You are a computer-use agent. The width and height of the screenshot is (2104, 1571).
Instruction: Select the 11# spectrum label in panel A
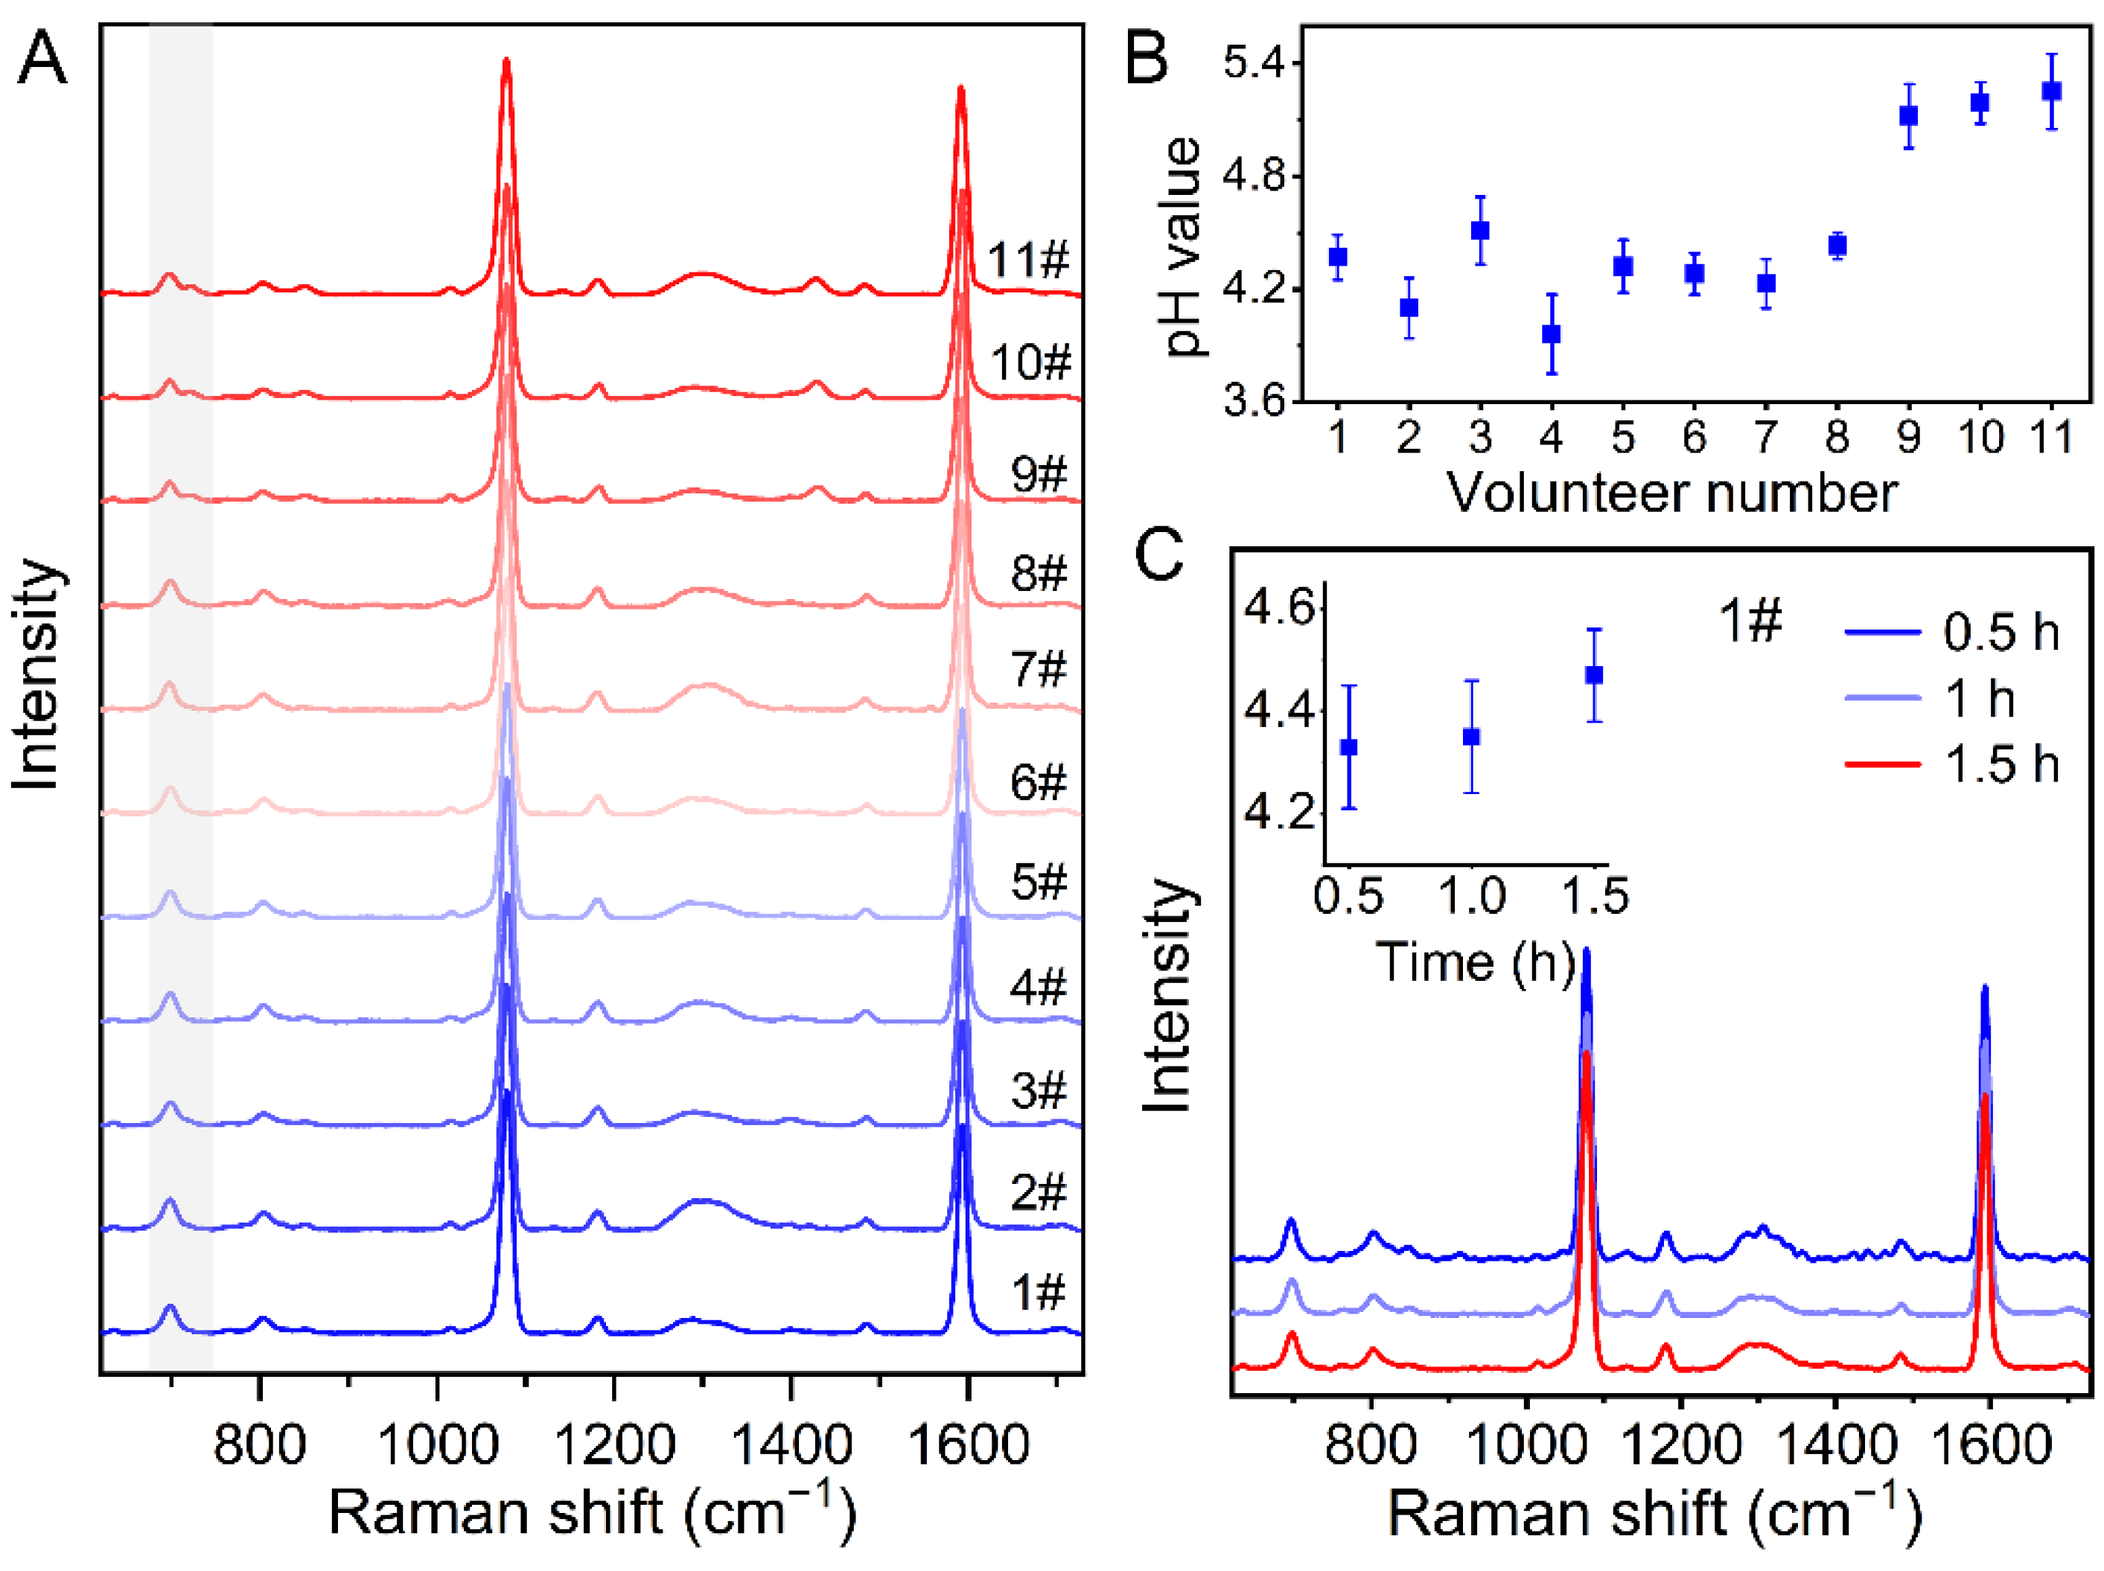(1028, 260)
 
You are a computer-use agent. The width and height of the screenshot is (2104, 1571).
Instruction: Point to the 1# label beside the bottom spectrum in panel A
(1038, 1293)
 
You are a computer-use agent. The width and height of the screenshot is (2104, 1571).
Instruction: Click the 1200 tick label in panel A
(613, 1444)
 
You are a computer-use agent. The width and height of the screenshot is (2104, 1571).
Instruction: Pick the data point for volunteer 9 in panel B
(1908, 116)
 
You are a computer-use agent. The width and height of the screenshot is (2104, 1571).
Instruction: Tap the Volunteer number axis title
(1671, 493)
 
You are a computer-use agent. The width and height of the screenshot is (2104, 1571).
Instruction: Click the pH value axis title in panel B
(1182, 247)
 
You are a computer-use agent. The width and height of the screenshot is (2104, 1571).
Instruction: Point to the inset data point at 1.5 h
(1594, 675)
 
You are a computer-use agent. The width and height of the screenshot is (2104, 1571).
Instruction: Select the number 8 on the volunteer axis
(1837, 437)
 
